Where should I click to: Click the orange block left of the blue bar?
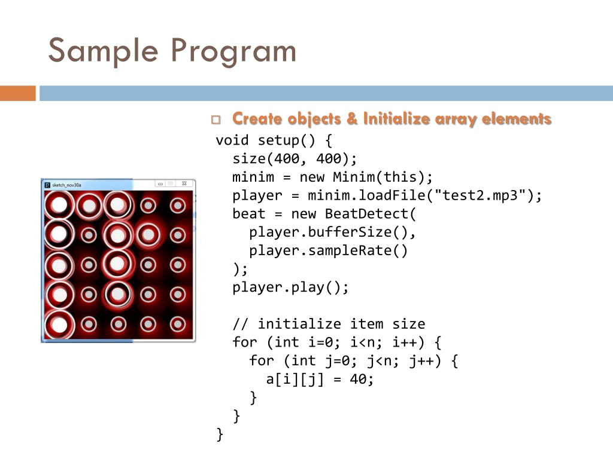18,94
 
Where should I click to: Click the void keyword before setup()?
232,141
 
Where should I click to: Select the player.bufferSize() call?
332,232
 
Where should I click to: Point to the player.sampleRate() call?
327,250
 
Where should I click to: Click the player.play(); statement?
290,287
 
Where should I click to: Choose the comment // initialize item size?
329,324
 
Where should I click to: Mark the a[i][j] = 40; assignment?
320,379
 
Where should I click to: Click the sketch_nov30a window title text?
68,185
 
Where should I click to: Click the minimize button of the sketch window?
160,184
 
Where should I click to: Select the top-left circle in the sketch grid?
59,205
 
